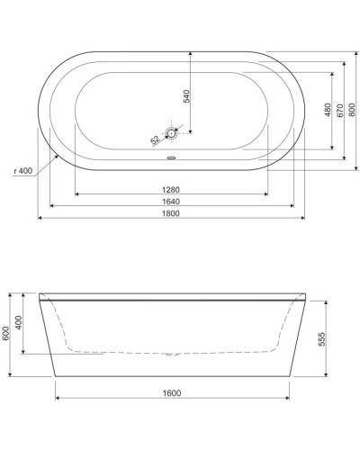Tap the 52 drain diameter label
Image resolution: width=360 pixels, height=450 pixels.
pos(155,139)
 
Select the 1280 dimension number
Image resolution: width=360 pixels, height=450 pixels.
pos(173,189)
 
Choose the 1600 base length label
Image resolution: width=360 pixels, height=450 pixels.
pos(173,392)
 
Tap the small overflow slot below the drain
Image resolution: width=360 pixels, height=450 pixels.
pos(174,162)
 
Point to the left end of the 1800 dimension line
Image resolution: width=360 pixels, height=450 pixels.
pos(38,219)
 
